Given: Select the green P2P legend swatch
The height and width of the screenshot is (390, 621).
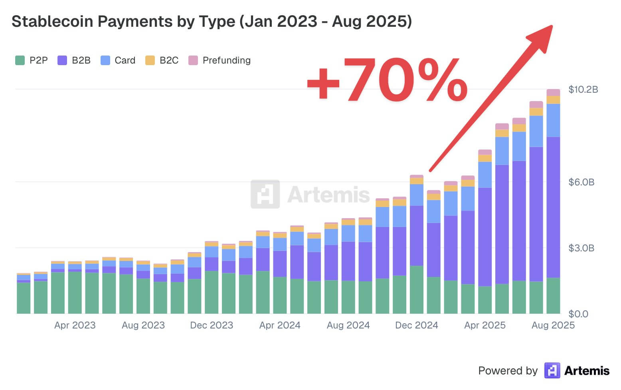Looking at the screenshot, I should [x=20, y=60].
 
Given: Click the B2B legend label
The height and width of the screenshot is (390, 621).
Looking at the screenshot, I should [x=81, y=60].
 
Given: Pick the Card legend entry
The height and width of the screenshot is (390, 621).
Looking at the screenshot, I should [x=125, y=60].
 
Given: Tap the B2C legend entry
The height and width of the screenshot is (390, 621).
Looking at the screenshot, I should [x=168, y=60].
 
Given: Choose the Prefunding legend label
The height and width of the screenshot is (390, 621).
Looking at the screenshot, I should [x=226, y=60].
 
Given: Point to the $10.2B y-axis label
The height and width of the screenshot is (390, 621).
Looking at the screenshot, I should [x=583, y=90].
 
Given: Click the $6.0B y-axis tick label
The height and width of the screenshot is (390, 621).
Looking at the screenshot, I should [x=581, y=182].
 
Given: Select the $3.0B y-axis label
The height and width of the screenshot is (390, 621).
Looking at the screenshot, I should [x=581, y=248].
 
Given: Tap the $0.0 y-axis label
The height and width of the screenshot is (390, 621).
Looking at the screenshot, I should [x=578, y=314].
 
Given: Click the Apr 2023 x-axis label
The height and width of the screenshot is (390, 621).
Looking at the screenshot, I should [x=75, y=325].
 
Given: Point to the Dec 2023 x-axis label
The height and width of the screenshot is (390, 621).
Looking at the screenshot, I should [x=212, y=325].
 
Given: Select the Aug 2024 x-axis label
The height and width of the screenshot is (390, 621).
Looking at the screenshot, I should [x=348, y=325].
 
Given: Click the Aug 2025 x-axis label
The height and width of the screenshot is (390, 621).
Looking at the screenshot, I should [x=553, y=325].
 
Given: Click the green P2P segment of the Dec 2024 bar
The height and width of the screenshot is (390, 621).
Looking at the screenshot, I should [x=417, y=289].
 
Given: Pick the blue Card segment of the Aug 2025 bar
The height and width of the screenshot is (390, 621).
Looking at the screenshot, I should [x=553, y=120].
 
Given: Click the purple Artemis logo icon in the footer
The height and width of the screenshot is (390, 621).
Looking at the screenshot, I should [x=552, y=370].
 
